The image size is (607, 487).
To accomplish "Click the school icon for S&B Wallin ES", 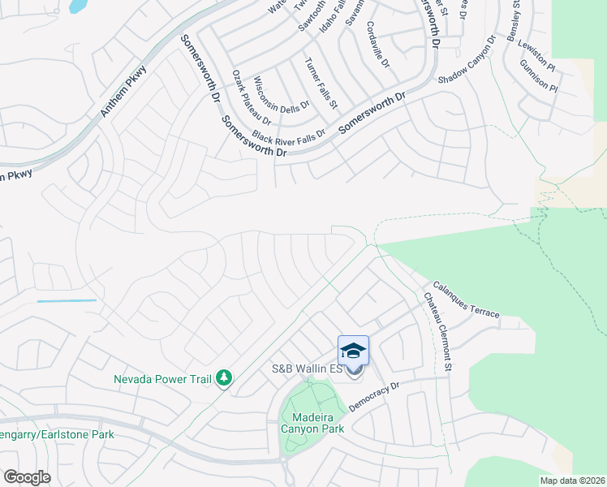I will tap(353, 351).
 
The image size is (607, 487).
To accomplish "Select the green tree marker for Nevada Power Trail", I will tap(224, 378).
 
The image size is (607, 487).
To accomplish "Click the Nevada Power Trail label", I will tap(162, 379).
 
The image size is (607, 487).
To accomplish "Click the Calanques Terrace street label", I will tap(466, 299).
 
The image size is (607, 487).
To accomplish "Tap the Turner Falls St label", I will tap(321, 84).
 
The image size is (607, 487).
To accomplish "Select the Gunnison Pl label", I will tap(539, 74).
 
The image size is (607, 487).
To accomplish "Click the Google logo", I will tap(28, 477).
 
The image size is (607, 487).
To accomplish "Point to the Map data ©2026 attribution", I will tap(573, 481).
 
